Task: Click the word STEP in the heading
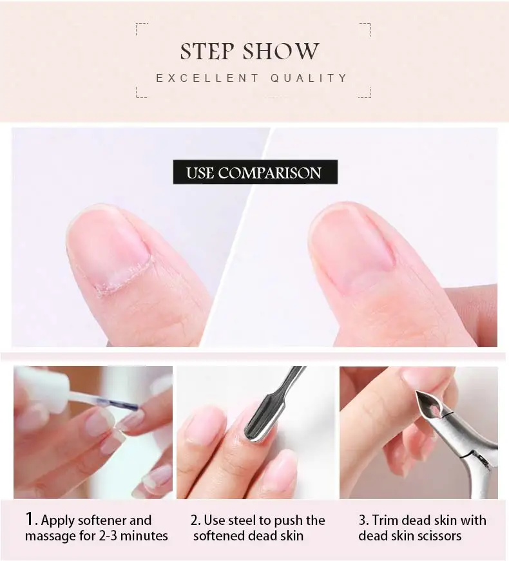207,51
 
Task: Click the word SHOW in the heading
281,51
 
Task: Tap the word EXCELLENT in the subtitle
207,78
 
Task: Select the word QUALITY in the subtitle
309,78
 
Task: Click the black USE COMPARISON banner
255,172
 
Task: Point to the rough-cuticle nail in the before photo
111,251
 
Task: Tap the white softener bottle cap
43,386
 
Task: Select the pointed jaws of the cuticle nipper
430,406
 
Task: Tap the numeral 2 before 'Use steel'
195,520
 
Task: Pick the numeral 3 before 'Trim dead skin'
363,520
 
